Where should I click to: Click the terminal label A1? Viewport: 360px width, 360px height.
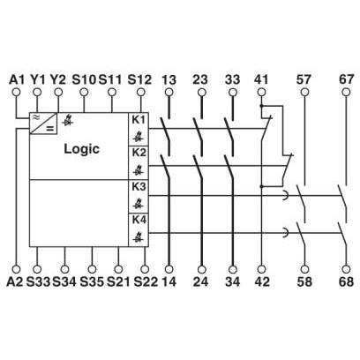click(x=17, y=79)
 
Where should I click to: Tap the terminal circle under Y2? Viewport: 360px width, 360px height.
click(x=58, y=93)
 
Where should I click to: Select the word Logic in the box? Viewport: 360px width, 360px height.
click(x=82, y=149)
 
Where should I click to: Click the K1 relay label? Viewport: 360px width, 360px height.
click(x=139, y=120)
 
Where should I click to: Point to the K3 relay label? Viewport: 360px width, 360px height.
click(x=139, y=186)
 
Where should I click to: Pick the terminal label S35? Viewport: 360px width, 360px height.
click(x=92, y=281)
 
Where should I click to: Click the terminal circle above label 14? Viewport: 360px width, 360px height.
click(x=169, y=269)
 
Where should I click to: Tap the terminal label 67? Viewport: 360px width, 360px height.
click(x=346, y=79)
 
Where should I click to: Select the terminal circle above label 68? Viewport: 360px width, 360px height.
click(x=346, y=269)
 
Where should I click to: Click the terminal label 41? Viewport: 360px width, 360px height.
click(x=261, y=79)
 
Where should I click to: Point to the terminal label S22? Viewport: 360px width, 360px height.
click(x=146, y=281)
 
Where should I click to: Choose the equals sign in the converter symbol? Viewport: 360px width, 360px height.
click(x=50, y=129)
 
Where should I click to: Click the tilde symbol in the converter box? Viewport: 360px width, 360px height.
click(x=35, y=117)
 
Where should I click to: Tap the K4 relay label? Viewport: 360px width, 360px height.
click(x=139, y=220)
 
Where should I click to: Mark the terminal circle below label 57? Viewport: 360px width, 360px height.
click(x=304, y=93)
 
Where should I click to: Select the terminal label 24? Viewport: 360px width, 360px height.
click(x=201, y=281)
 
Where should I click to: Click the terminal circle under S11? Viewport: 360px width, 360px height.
click(x=111, y=93)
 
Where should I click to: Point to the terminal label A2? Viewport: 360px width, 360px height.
click(x=15, y=281)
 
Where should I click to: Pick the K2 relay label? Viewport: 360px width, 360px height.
click(x=139, y=153)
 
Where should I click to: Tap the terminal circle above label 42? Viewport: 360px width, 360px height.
click(x=261, y=269)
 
